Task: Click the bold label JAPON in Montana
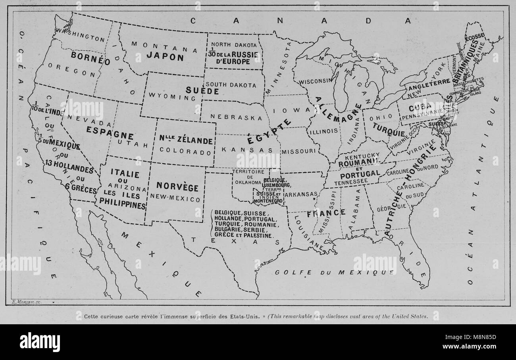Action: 165,57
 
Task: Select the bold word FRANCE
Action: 326,213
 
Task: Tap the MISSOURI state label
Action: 299,151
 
